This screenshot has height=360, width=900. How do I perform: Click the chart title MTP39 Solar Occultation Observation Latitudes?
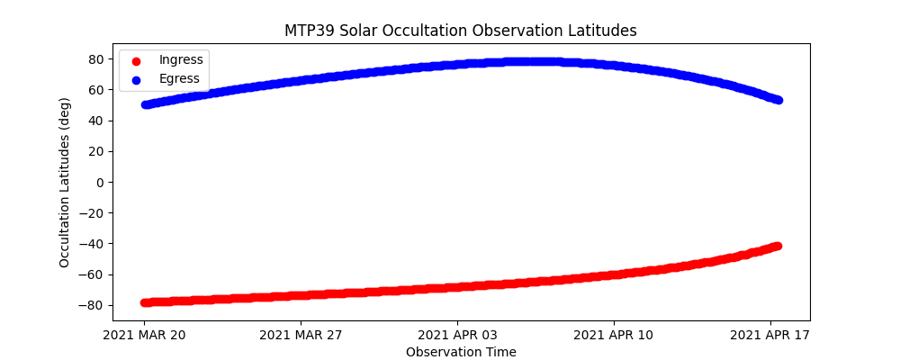point(461,31)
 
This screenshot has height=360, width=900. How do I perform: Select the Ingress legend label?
point(181,59)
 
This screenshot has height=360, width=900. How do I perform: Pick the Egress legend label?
point(179,78)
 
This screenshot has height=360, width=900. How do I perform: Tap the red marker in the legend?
point(136,60)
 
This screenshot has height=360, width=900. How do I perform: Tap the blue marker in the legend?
point(136,79)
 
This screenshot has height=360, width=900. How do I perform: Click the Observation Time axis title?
point(461,352)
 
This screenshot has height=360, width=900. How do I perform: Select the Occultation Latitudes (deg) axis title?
point(65,181)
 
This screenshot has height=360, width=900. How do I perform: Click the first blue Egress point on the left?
point(146,104)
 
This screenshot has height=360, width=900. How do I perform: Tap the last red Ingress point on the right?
point(777,246)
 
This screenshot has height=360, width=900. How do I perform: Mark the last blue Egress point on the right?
point(778,100)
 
